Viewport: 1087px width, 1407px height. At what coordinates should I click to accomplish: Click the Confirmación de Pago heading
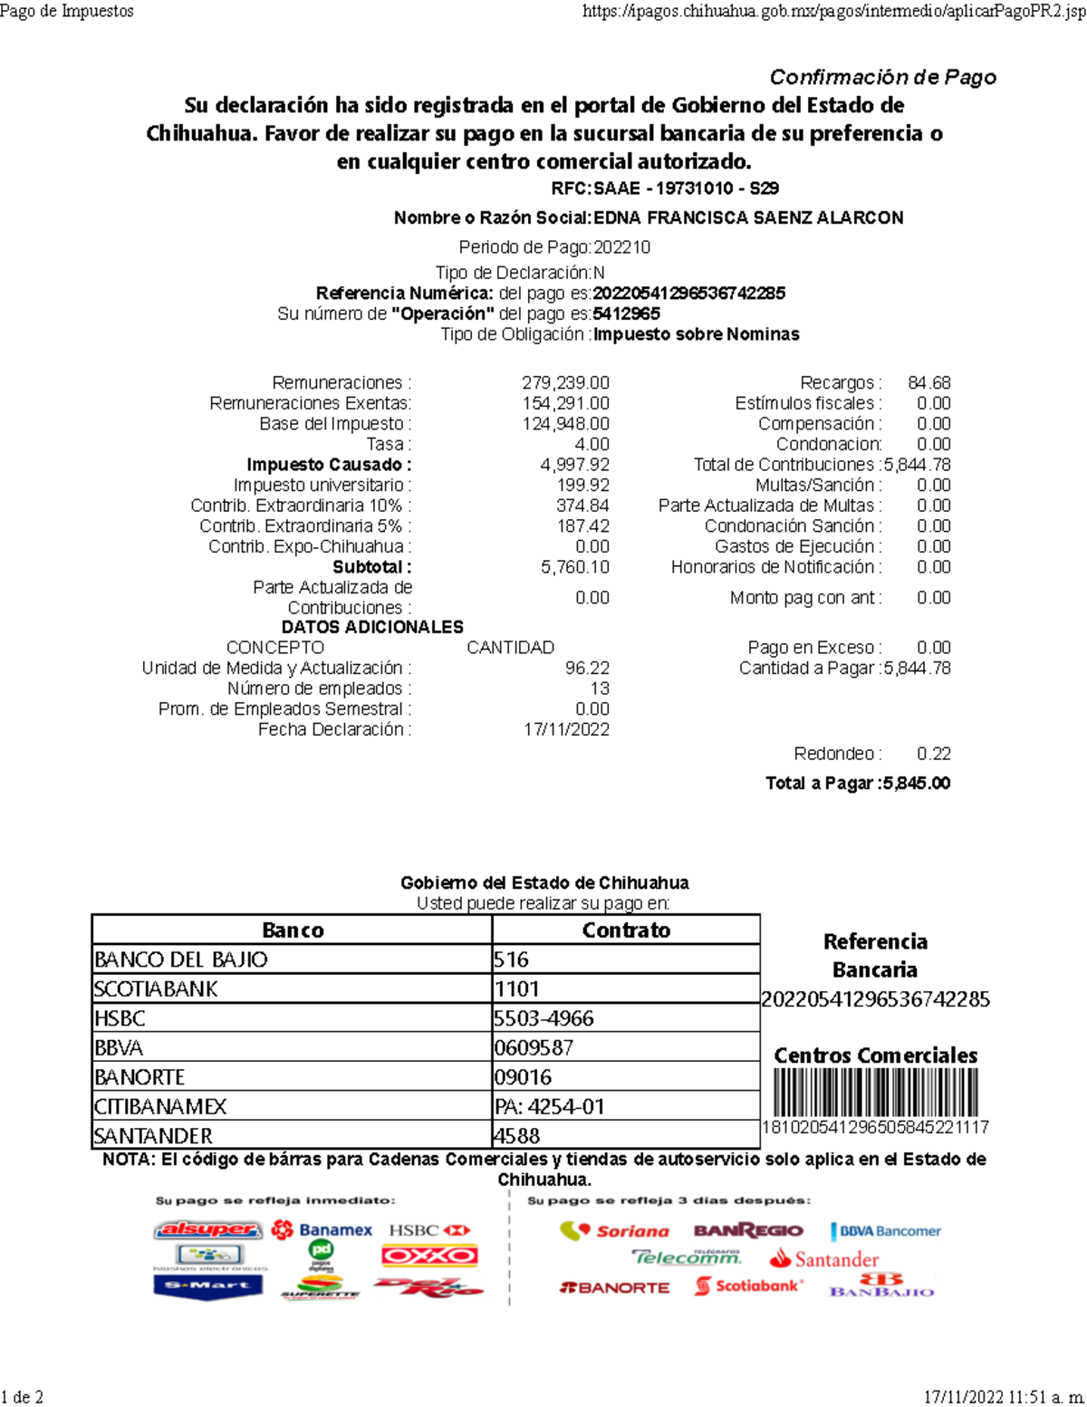[x=882, y=77]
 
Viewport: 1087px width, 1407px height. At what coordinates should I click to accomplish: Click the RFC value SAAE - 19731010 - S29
[x=686, y=188]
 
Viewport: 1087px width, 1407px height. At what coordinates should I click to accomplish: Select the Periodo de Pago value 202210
[x=621, y=247]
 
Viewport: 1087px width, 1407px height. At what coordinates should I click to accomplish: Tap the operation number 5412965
[x=627, y=313]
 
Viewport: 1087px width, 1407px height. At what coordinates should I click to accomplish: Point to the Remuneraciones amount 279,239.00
[x=565, y=382]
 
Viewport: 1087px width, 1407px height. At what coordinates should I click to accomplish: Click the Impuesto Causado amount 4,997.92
[x=574, y=465]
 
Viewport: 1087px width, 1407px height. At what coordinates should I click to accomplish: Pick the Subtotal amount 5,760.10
[x=574, y=567]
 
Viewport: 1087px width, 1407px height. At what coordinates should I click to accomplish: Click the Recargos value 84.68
[x=928, y=382]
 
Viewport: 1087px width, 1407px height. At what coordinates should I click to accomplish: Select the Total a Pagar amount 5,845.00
[x=917, y=784]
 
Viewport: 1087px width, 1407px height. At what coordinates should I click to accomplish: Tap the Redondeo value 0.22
[x=933, y=754]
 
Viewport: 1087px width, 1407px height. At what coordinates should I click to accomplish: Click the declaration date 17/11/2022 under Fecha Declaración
[x=566, y=729]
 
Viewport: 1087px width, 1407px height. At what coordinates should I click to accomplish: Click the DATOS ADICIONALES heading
[x=372, y=627]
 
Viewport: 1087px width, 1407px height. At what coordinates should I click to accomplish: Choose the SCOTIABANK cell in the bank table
[x=156, y=988]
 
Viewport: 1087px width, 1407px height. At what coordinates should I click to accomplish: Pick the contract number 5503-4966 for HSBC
[x=543, y=1018]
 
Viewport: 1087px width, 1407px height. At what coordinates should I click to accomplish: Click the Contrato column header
[x=626, y=930]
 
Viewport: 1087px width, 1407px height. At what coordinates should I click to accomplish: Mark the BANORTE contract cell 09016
[x=523, y=1077]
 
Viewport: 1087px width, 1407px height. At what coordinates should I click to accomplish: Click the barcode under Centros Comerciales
[x=875, y=1093]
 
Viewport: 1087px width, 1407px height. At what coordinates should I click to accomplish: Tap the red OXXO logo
[x=429, y=1256]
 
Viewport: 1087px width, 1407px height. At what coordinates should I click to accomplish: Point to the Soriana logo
[x=615, y=1231]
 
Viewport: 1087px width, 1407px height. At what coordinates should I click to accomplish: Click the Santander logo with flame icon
[x=824, y=1259]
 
